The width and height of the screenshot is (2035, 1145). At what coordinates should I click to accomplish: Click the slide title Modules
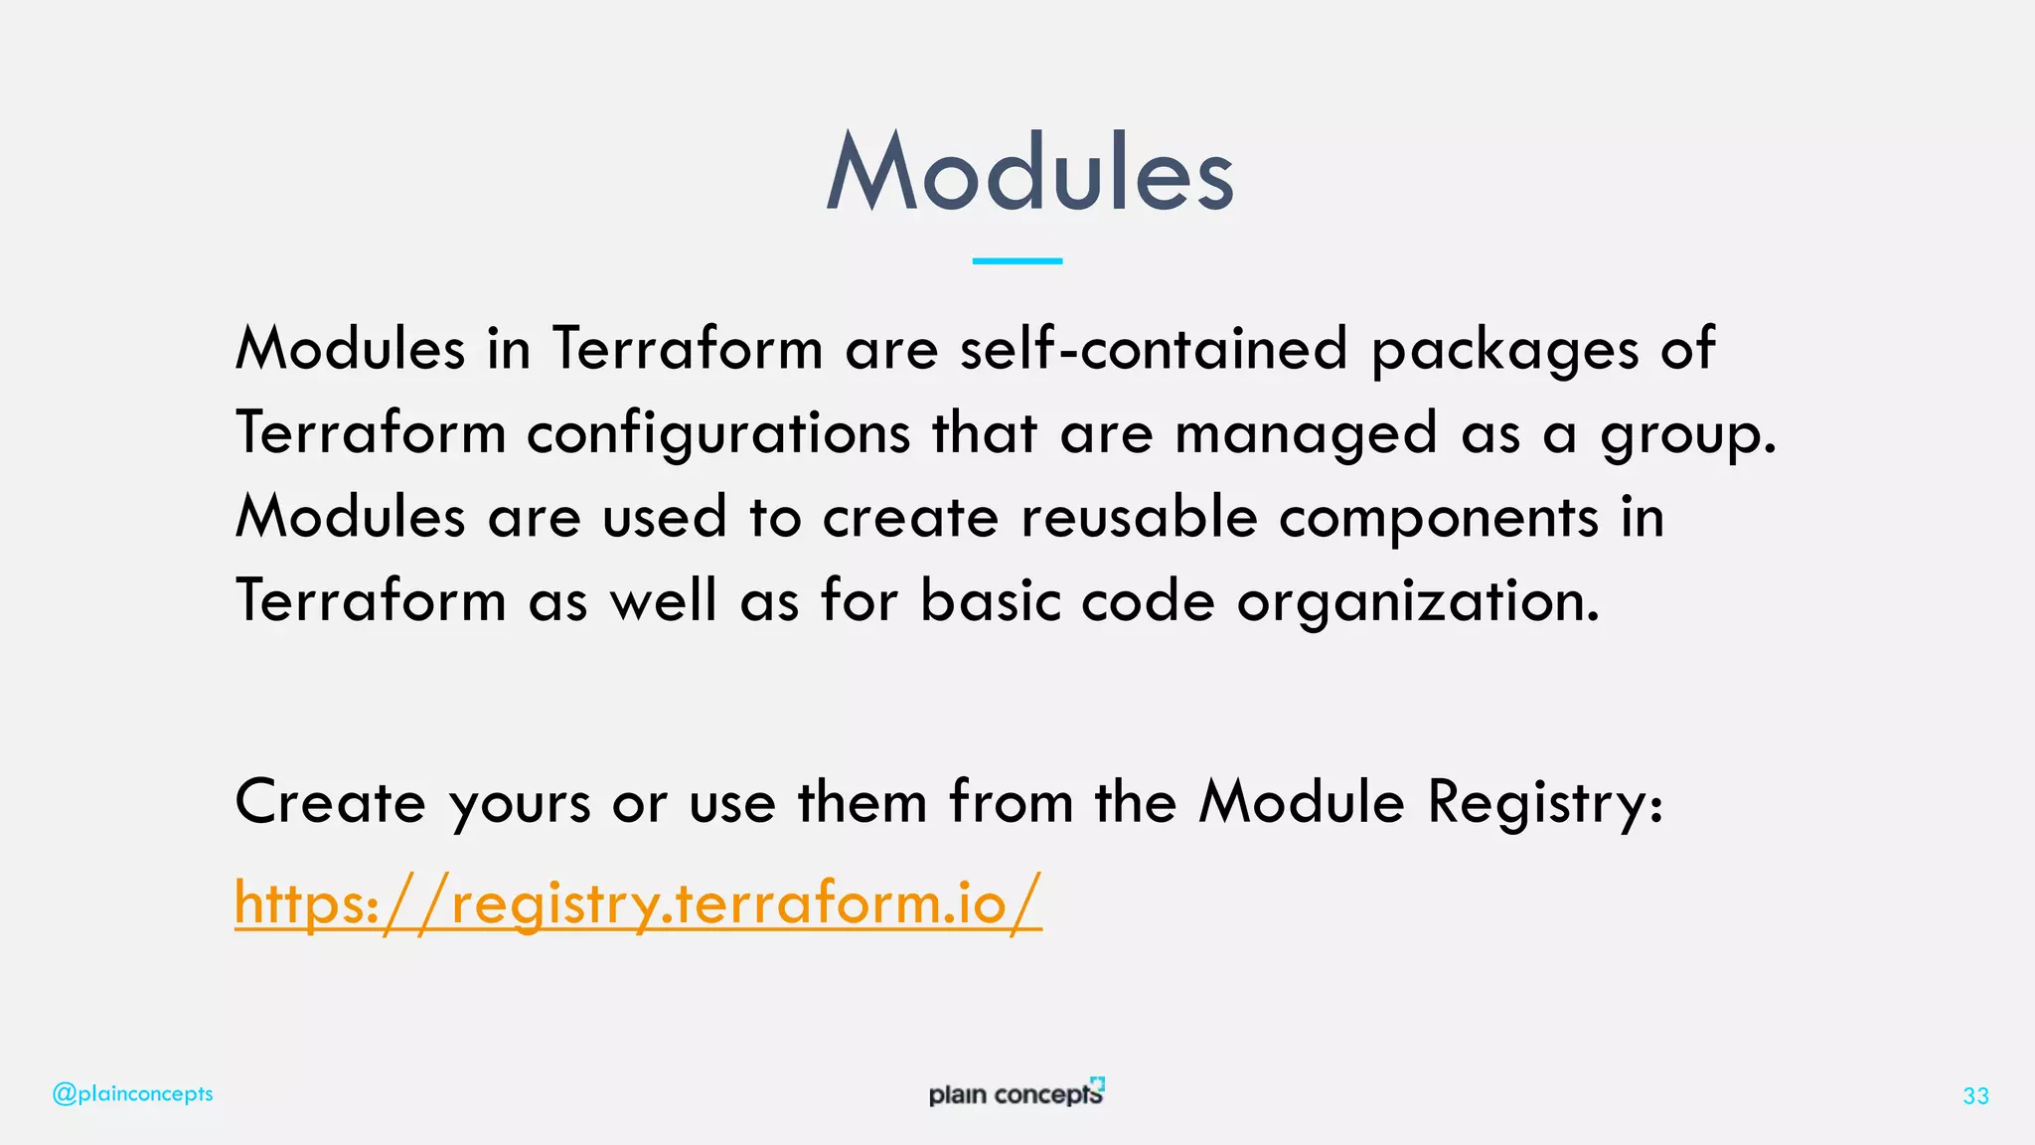[x=1029, y=173]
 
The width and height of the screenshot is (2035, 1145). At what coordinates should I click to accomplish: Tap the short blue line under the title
[x=1017, y=260]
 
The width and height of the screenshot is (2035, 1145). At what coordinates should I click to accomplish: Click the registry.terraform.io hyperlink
[x=638, y=902]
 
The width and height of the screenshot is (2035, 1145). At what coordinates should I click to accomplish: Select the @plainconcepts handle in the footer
[x=132, y=1093]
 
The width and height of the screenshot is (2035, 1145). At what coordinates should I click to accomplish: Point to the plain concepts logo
[x=1017, y=1092]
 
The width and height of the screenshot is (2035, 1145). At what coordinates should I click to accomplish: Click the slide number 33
[x=1975, y=1095]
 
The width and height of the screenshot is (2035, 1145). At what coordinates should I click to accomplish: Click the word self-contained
[x=1154, y=349]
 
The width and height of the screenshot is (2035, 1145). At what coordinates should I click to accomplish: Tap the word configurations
[x=718, y=434]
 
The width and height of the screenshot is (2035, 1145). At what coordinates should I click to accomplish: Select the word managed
[x=1306, y=434]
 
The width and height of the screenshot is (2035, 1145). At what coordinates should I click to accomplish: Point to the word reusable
[x=1139, y=517]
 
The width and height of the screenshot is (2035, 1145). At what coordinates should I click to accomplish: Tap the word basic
[x=991, y=601]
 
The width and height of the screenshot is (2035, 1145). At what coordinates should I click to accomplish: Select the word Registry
[x=1544, y=803]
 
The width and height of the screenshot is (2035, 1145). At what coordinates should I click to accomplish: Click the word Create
[x=331, y=801]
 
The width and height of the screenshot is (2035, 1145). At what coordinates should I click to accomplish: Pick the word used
[x=665, y=517]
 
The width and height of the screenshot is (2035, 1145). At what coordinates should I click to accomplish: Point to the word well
[x=663, y=601]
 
